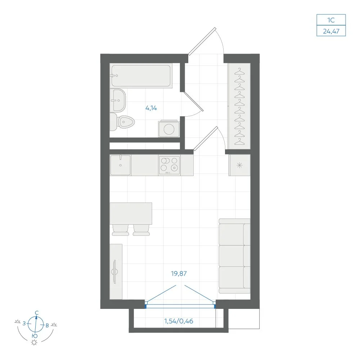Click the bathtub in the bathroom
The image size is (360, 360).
coord(141,76)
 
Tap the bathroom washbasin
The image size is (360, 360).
coord(118,100)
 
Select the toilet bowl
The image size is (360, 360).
coord(122,122)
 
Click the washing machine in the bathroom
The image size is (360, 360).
coord(169,129)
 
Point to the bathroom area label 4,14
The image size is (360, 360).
coord(151,108)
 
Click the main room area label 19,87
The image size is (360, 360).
coord(179,274)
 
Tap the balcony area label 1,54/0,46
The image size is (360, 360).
coord(179,321)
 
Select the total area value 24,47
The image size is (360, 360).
coord(331,31)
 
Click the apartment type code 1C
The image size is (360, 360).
coord(331,20)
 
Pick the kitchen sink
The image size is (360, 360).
coord(121,165)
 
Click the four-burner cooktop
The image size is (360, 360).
coord(169,165)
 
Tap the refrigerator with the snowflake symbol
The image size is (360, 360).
coord(239,165)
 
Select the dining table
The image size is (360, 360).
coord(131,213)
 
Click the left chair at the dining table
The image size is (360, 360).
coord(121,230)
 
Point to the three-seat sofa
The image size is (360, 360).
coord(234,256)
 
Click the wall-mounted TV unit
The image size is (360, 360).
coord(116,272)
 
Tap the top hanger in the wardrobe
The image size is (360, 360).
coord(239,72)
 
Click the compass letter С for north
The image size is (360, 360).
coord(37,313)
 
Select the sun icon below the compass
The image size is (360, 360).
coord(34,343)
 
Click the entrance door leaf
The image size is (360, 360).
coord(202,41)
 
